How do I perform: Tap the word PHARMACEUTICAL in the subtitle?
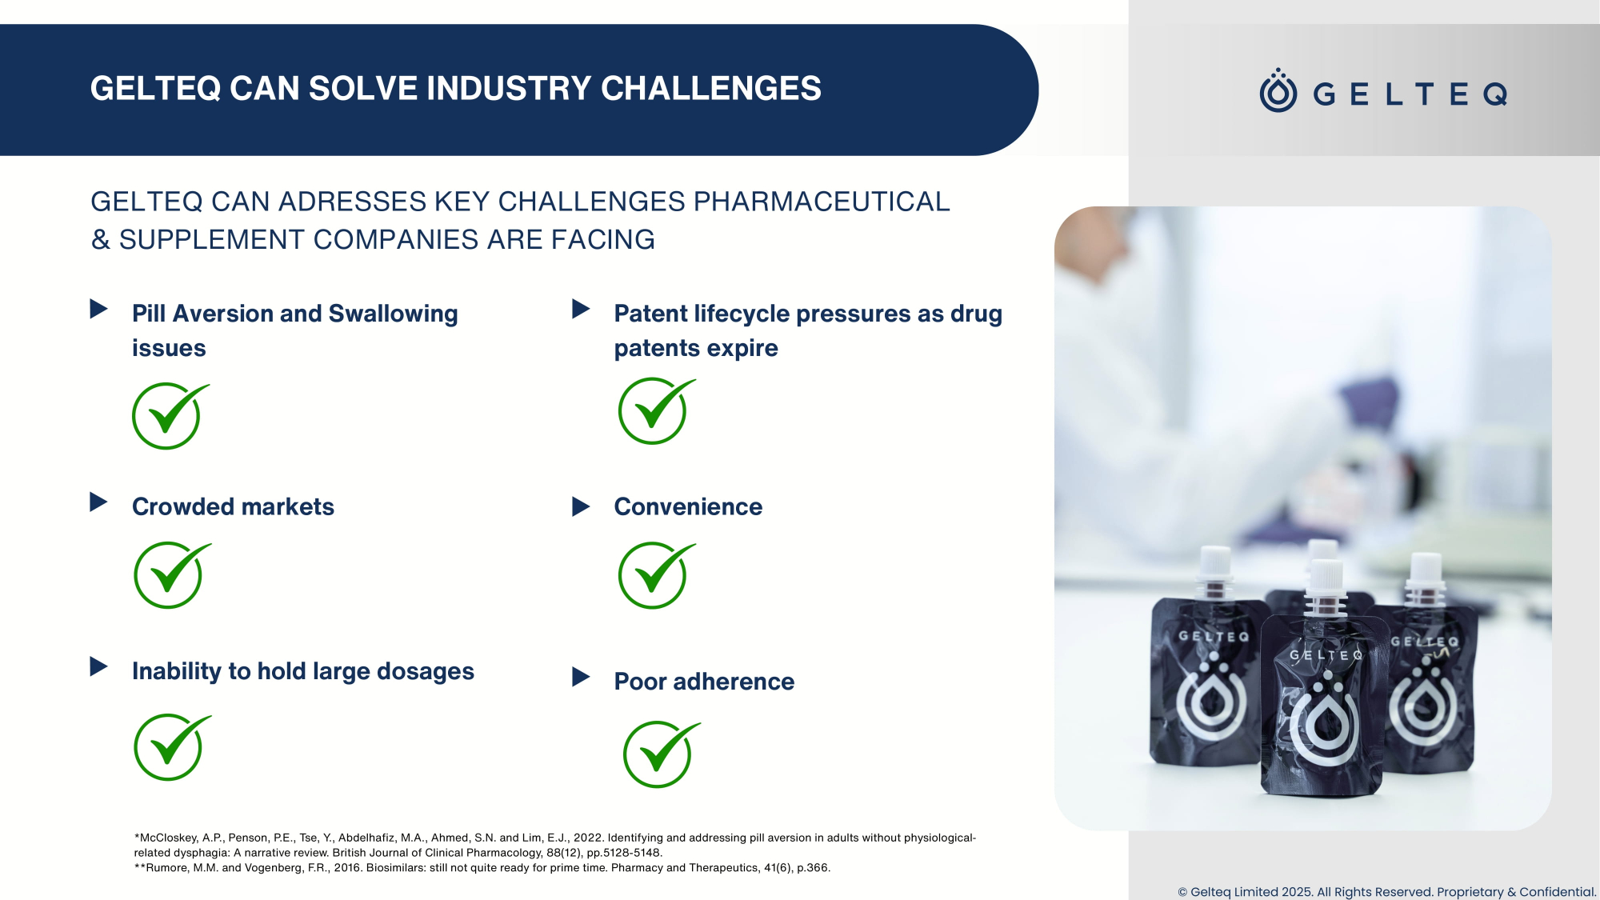pos(822,202)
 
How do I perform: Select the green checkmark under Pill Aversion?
pos(170,416)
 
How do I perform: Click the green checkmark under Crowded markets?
pos(172,575)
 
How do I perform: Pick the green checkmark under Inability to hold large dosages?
pos(172,747)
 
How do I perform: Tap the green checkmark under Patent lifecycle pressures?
pos(656,410)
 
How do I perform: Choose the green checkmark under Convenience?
pos(656,575)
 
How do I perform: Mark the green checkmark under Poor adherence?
pos(661,754)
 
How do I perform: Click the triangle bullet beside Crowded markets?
pos(98,502)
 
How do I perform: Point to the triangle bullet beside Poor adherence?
pos(581,678)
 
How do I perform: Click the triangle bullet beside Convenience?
pos(581,506)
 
